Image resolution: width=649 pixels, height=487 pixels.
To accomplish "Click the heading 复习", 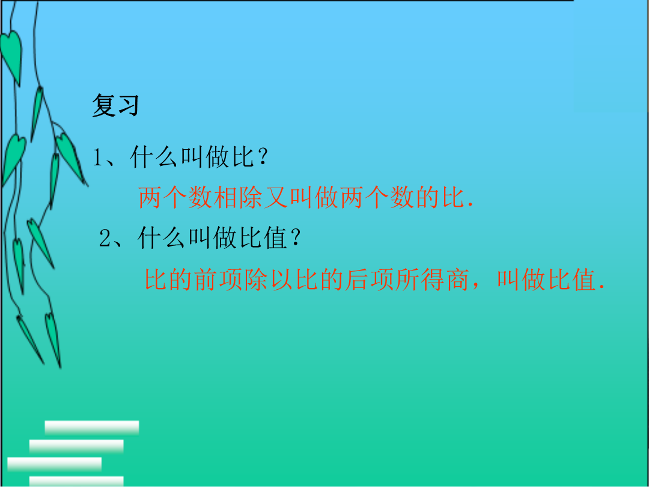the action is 115,105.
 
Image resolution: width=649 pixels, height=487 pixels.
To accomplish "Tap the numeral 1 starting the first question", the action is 98,158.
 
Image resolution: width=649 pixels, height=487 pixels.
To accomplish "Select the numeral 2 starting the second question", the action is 105,239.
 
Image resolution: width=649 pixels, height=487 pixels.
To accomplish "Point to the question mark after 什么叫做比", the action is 261,158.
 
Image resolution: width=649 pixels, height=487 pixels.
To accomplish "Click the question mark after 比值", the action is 295,239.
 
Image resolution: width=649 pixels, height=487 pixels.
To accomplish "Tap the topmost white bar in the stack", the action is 92,427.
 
